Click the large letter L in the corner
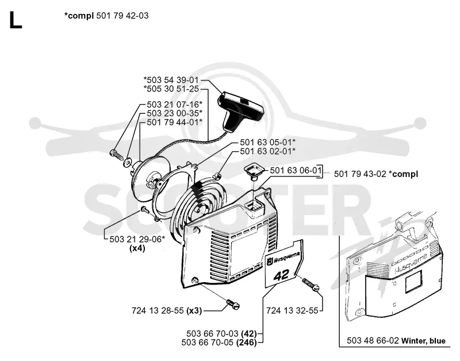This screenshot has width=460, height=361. [16, 20]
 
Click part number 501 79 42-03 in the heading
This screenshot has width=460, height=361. [122, 16]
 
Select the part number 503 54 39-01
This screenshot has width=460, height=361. [173, 80]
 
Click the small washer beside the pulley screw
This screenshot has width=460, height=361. [128, 162]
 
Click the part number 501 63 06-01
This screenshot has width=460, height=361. [294, 170]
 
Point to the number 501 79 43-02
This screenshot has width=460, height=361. [360, 174]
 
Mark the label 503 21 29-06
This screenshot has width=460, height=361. [135, 239]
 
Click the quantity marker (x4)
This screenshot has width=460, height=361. [137, 248]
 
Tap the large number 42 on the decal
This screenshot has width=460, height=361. [281, 275]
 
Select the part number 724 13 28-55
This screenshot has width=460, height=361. [158, 310]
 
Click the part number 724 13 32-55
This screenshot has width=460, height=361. [292, 310]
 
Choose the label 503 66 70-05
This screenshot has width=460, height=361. [208, 342]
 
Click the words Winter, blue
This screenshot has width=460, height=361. [423, 341]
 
